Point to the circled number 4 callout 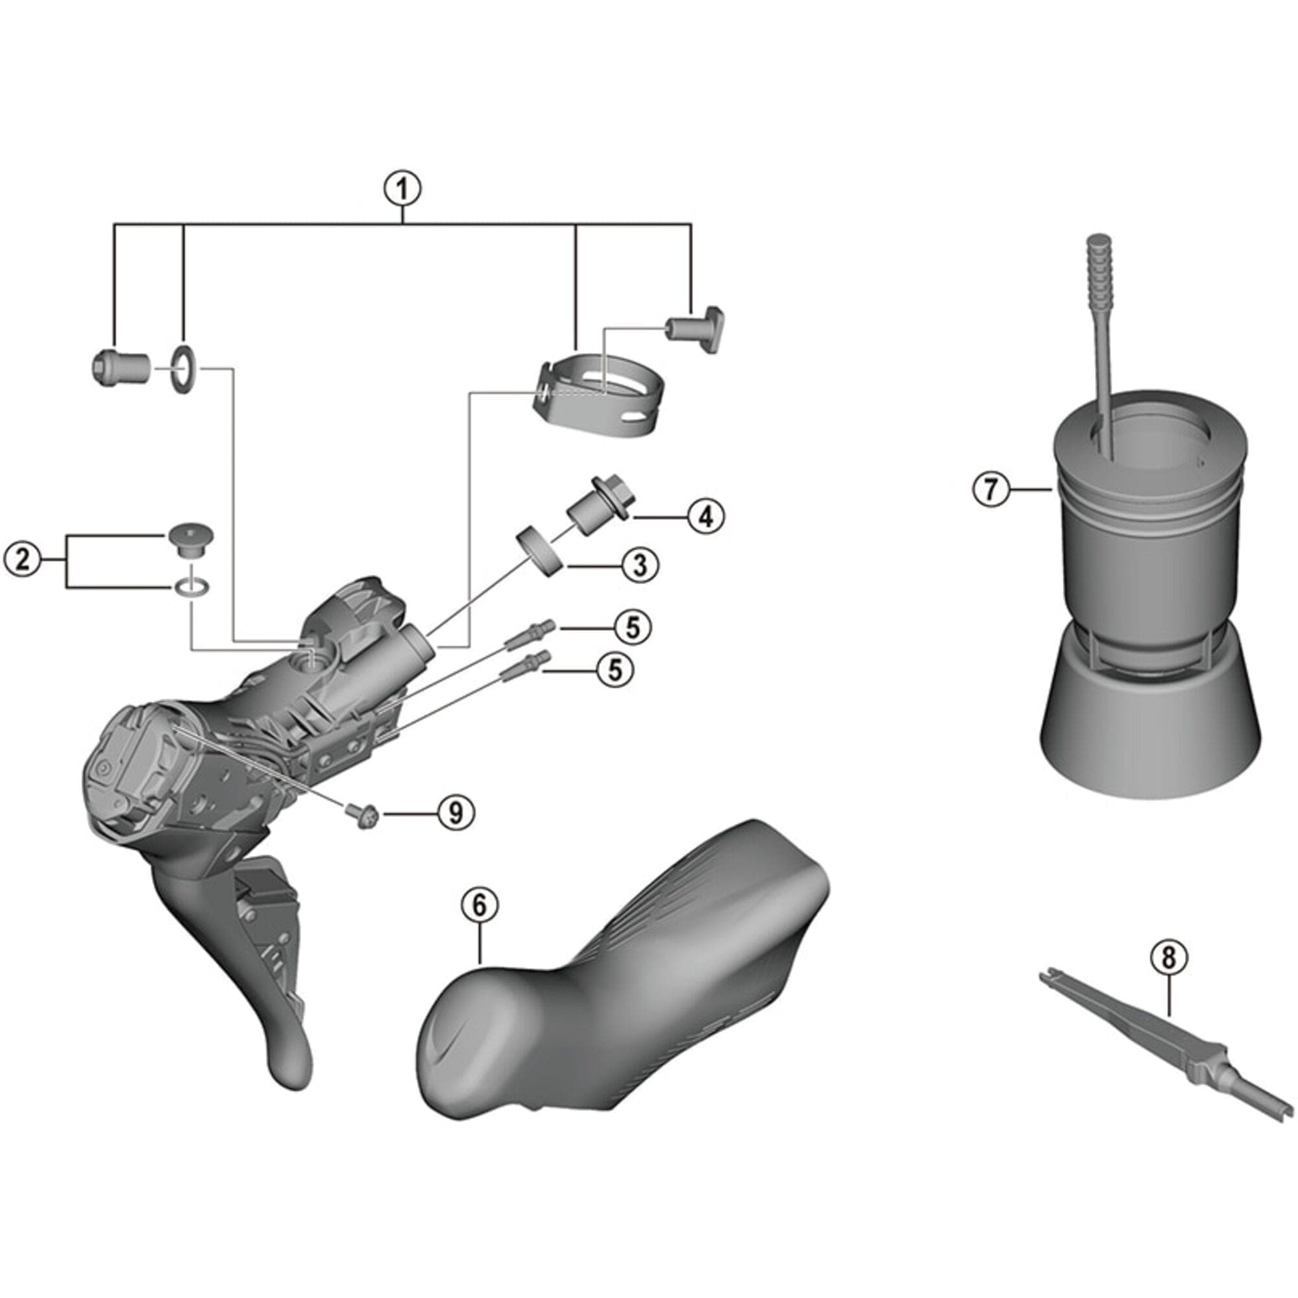click(x=705, y=516)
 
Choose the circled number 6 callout click(x=479, y=905)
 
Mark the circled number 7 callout click(x=992, y=489)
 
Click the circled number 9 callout click(x=456, y=814)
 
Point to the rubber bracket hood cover click(x=625, y=974)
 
